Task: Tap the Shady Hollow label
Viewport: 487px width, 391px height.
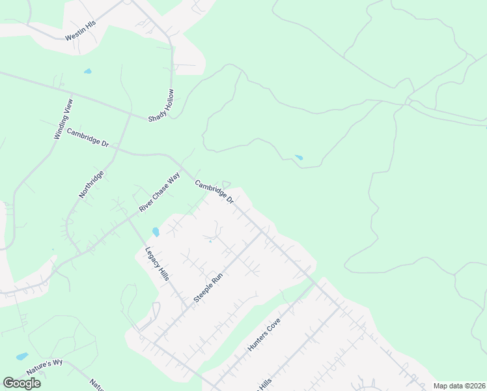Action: point(161,105)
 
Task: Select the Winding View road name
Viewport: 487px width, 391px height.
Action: point(64,118)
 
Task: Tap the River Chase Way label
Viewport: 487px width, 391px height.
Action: point(159,192)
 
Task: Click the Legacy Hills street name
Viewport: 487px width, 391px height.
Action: point(157,263)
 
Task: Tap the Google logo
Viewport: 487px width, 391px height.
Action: point(21,383)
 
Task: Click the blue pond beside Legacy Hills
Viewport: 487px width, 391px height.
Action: point(155,231)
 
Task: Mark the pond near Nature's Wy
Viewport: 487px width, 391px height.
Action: point(22,356)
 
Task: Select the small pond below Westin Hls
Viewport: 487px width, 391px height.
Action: point(87,71)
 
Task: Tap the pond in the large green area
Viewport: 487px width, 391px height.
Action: point(299,157)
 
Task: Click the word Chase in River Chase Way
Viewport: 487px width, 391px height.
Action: point(159,192)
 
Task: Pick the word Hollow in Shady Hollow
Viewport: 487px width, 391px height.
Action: point(167,98)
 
